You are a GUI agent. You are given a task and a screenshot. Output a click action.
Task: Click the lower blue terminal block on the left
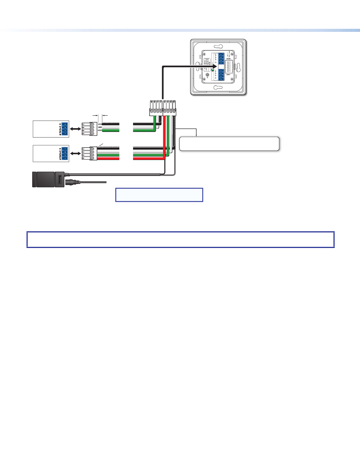[x=65, y=154]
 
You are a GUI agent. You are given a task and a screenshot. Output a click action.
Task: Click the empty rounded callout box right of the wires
[x=229, y=144]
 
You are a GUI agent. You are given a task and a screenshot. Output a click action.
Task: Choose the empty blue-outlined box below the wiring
[x=159, y=195]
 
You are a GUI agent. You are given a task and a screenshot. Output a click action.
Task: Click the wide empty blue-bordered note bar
[x=180, y=239]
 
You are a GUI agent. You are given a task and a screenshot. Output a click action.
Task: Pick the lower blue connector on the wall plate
[x=221, y=76]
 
